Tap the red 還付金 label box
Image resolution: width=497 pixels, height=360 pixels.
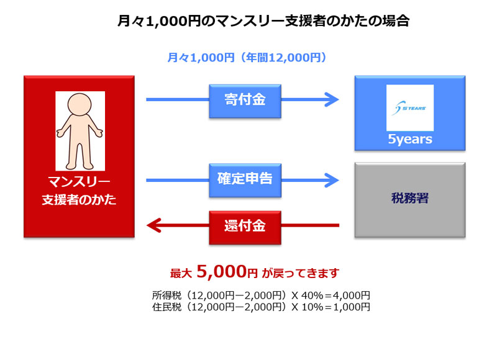coord(244,225)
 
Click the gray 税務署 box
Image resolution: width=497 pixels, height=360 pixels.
coord(410,200)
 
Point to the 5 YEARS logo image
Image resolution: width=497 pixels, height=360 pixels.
coord(410,107)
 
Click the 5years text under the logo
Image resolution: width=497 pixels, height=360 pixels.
coord(410,140)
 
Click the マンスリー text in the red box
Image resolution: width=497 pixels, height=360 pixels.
coord(80,182)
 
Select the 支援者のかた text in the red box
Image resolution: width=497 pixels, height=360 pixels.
coord(80,201)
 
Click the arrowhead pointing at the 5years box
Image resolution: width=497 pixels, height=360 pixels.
coord(332,99)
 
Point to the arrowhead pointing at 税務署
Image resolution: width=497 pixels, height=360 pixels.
coord(332,181)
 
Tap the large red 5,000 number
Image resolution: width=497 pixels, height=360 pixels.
coord(220,271)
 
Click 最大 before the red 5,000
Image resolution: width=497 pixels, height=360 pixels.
coord(181,273)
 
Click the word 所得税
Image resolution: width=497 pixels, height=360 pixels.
coord(165,295)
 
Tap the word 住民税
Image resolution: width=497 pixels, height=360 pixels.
coord(165,307)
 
